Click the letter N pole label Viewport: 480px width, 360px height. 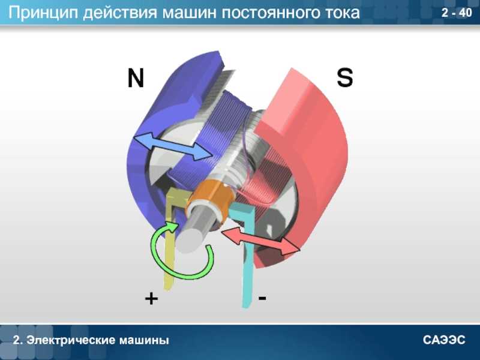(136, 78)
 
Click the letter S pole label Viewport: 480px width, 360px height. (344, 77)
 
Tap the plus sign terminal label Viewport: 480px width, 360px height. (151, 298)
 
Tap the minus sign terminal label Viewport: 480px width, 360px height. (262, 298)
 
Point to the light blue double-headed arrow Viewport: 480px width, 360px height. (173, 146)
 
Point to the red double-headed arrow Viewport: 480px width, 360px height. (260, 241)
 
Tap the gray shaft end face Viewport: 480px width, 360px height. (190, 241)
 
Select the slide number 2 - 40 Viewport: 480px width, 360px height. (457, 13)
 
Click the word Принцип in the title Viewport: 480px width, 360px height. (43, 13)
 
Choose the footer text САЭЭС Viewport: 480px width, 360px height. (444, 340)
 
